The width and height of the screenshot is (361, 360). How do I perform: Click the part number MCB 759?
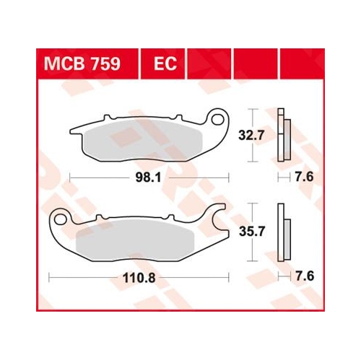click(x=82, y=63)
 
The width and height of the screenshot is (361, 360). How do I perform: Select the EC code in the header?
click(x=165, y=63)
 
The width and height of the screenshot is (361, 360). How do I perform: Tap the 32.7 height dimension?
click(x=251, y=136)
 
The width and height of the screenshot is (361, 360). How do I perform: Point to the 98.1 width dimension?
click(x=148, y=178)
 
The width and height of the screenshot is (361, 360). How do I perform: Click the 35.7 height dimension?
click(x=252, y=232)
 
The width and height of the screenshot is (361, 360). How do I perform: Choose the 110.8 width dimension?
click(x=139, y=278)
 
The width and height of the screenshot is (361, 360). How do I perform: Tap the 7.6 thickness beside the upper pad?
click(x=305, y=177)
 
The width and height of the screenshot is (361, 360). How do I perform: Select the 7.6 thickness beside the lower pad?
click(x=305, y=276)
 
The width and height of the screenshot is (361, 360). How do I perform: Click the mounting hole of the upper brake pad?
click(x=217, y=120)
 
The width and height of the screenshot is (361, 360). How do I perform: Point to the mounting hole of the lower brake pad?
click(x=59, y=219)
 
